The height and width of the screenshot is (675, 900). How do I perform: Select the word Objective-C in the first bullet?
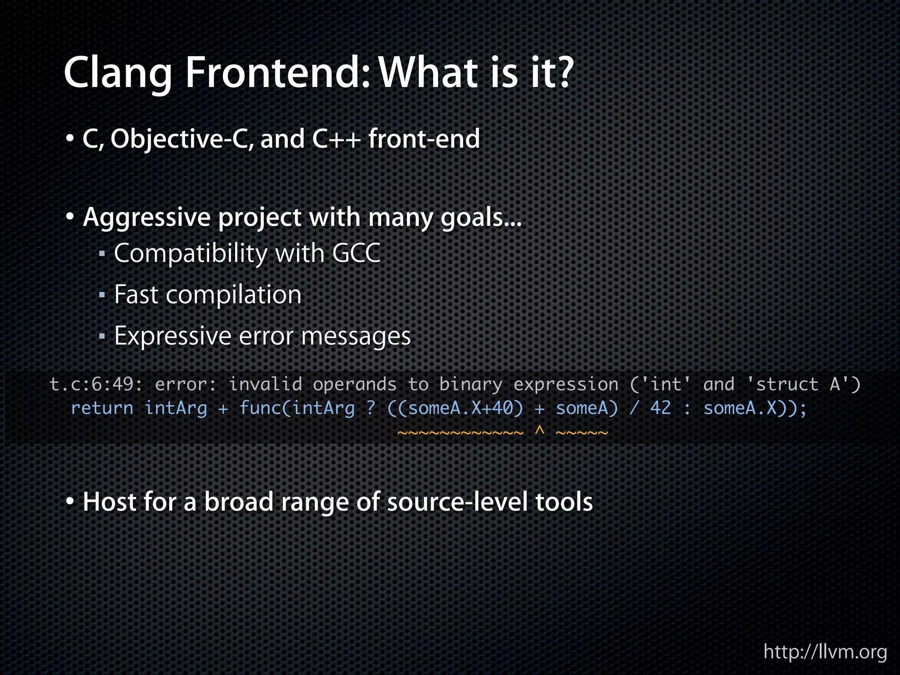click(181, 139)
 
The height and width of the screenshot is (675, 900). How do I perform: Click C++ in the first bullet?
click(336, 139)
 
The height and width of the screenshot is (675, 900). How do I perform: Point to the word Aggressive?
click(147, 218)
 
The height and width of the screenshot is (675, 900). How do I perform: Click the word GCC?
click(356, 254)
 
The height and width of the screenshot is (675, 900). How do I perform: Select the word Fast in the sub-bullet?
click(136, 294)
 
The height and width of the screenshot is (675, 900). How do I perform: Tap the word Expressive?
click(172, 336)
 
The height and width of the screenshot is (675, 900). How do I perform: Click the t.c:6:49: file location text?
click(96, 385)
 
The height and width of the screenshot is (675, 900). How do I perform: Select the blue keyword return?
click(102, 408)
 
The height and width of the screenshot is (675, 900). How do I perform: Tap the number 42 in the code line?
click(660, 408)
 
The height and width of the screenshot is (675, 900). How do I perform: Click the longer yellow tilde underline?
click(461, 433)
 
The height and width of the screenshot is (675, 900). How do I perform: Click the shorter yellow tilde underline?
click(582, 433)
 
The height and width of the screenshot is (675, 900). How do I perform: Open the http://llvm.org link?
click(825, 652)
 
